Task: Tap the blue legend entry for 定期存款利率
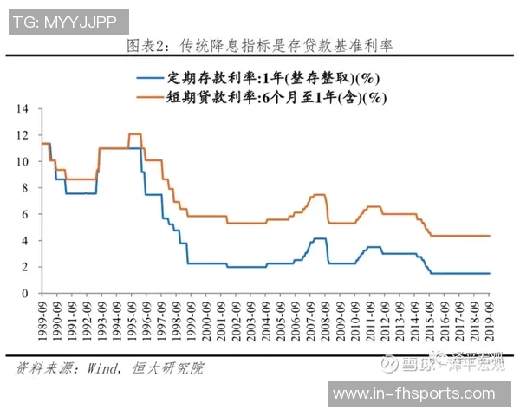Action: click(260, 77)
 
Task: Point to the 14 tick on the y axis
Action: click(24, 109)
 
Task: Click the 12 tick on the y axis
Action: click(24, 135)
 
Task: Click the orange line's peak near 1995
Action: click(134, 134)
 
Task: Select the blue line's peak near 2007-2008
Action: click(319, 238)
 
